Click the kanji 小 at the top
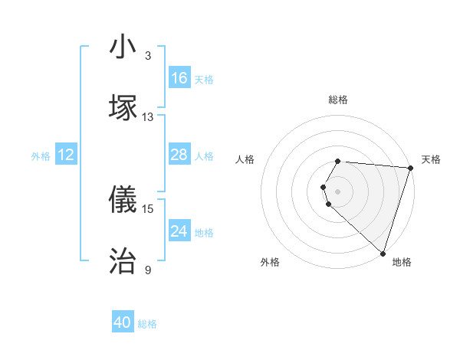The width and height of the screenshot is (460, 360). (123, 47)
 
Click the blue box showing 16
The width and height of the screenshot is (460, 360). (179, 78)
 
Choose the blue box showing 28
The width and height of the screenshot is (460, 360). (179, 155)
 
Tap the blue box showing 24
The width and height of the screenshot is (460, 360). (179, 231)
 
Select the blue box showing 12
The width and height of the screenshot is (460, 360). (66, 155)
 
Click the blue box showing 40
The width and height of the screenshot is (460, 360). (123, 322)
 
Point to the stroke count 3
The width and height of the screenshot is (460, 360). (148, 56)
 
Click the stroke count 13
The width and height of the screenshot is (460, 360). (148, 117)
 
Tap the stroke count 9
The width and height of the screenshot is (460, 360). (148, 270)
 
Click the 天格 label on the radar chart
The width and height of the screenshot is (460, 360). (431, 159)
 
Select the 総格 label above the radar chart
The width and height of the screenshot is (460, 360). (338, 100)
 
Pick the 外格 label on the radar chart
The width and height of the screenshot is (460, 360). (270, 262)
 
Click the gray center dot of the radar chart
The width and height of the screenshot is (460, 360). (338, 191)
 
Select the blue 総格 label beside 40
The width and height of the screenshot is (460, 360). (147, 324)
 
